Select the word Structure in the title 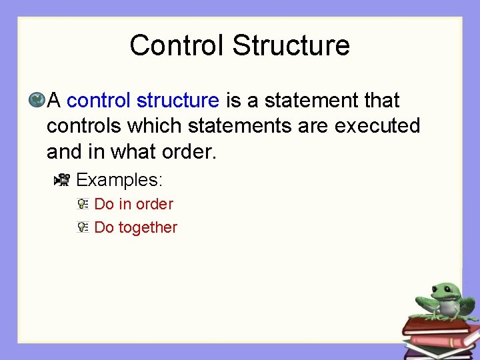[291, 45]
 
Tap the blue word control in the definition [99, 101]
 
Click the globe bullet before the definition [36, 101]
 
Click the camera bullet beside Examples [62, 179]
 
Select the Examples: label [119, 180]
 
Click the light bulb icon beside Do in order [82, 204]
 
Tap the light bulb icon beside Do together [82, 227]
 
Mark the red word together [147, 227]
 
